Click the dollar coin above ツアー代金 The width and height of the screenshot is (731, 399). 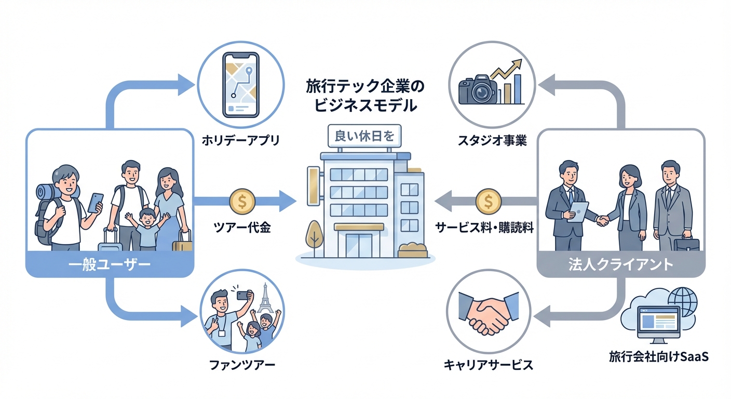click(x=242, y=201)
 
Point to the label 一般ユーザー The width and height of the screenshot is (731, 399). click(x=110, y=265)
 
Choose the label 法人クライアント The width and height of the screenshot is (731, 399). click(x=620, y=264)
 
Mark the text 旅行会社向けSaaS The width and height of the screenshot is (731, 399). click(x=659, y=357)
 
